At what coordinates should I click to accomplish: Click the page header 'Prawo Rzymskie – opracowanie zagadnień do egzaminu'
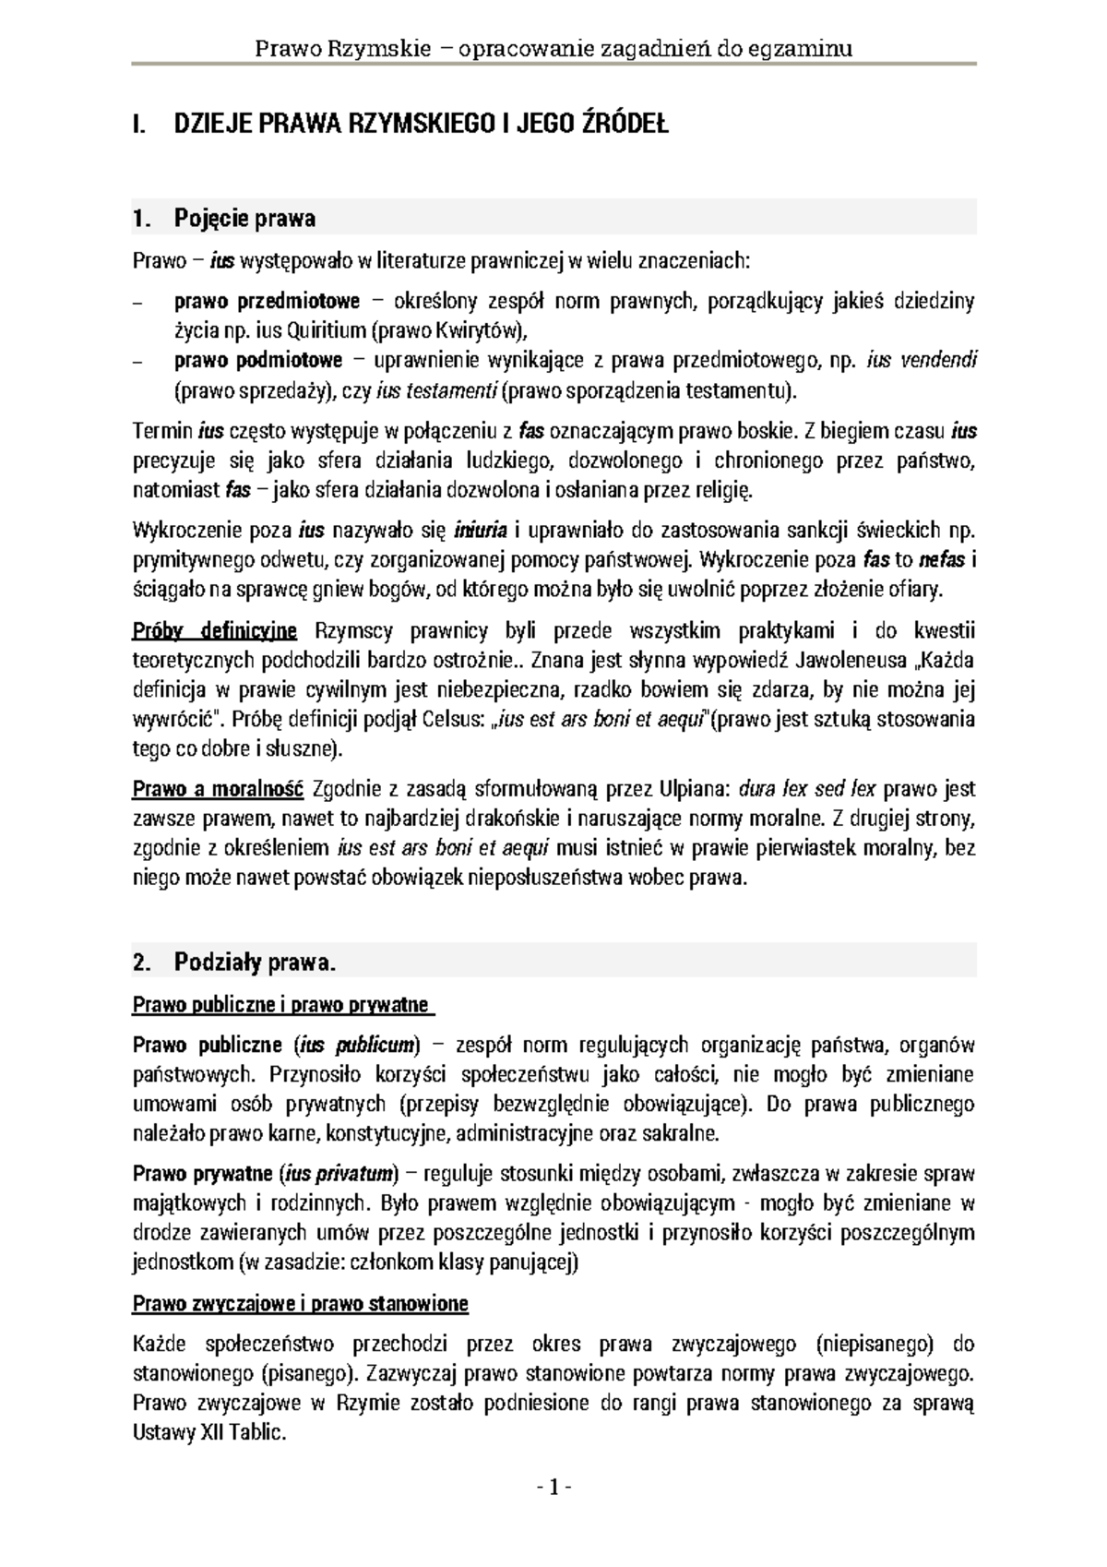coord(553,48)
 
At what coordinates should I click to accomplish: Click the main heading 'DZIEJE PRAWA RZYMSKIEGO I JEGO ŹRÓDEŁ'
coord(421,125)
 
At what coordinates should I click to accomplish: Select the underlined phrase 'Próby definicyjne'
coord(215,631)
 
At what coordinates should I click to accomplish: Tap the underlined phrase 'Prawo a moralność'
coord(218,789)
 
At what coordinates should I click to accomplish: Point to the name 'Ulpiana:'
coord(694,789)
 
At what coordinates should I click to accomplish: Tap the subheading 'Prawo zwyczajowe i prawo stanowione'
coord(301,1304)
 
